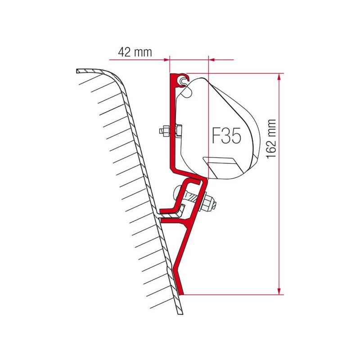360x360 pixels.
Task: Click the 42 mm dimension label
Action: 135,52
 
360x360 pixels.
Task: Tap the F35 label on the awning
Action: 226,135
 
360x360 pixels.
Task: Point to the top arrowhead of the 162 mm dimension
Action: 280,77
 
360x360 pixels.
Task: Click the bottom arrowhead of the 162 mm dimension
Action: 280,291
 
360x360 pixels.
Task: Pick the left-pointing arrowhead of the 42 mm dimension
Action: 212,59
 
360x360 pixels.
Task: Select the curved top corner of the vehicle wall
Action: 115,79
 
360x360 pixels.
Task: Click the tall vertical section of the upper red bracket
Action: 172,121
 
